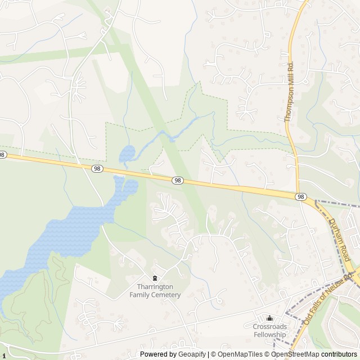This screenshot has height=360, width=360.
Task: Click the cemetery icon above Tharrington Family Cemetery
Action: click(155, 278)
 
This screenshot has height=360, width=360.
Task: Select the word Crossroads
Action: click(269, 327)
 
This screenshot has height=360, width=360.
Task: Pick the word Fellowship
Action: click(269, 335)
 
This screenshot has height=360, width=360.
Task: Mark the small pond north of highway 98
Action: click(127, 152)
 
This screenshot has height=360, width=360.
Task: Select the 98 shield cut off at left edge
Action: click(2, 155)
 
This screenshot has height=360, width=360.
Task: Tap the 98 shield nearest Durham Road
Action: click(301, 196)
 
